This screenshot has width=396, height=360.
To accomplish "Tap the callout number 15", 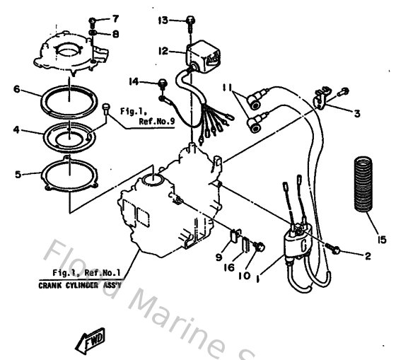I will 382,240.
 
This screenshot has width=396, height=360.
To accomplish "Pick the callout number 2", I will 367,257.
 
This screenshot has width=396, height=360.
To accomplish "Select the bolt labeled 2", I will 335,250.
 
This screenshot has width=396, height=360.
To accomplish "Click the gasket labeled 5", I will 70,172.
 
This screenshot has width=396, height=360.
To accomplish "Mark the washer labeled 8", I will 95,33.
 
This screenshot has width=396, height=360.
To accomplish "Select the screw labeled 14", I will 162,83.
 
